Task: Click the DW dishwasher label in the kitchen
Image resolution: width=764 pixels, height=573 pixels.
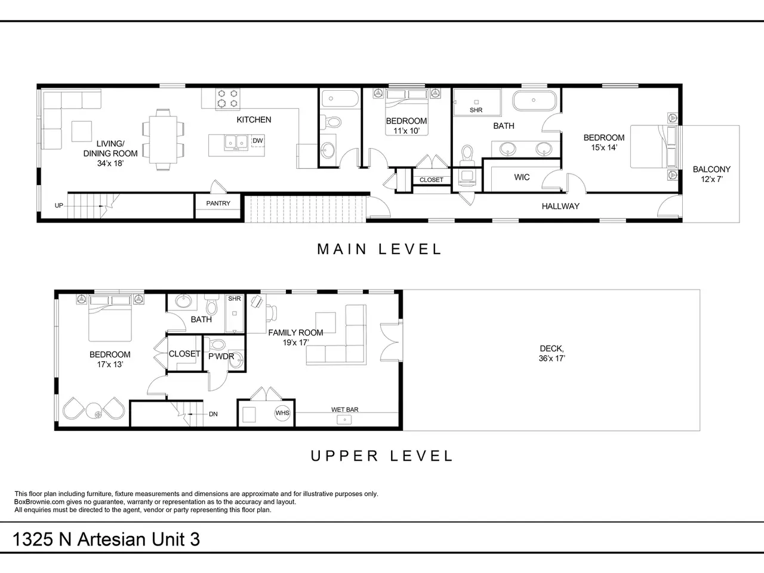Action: pyautogui.click(x=258, y=141)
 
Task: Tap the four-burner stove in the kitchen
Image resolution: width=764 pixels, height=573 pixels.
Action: pyautogui.click(x=227, y=98)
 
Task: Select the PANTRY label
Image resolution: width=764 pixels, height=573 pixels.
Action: pyautogui.click(x=218, y=203)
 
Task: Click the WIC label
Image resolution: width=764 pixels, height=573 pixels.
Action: pyautogui.click(x=522, y=177)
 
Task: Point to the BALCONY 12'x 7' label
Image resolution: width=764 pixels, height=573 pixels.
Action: pyautogui.click(x=711, y=174)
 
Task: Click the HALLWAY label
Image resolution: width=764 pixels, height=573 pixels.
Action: pyautogui.click(x=560, y=207)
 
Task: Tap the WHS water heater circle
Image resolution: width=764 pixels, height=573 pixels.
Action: pyautogui.click(x=282, y=413)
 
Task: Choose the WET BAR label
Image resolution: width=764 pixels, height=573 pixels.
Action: pyautogui.click(x=344, y=409)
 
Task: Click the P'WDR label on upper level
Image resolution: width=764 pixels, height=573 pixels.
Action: pyautogui.click(x=221, y=356)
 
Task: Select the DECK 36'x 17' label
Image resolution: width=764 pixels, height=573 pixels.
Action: pyautogui.click(x=552, y=353)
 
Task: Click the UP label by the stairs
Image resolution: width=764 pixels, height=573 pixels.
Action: pyautogui.click(x=59, y=205)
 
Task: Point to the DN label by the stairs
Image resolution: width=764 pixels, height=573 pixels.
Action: pyautogui.click(x=213, y=414)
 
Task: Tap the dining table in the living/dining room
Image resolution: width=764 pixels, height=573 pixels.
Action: pyautogui.click(x=163, y=140)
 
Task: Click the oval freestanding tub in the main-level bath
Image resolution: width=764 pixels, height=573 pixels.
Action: pyautogui.click(x=534, y=100)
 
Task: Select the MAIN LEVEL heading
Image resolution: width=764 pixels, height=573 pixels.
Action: pyautogui.click(x=380, y=249)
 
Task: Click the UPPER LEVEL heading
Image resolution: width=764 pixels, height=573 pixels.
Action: pyautogui.click(x=382, y=455)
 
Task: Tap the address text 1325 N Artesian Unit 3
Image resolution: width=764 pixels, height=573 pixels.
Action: pyautogui.click(x=106, y=540)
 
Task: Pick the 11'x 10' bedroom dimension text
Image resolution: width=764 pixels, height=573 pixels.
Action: pyautogui.click(x=406, y=131)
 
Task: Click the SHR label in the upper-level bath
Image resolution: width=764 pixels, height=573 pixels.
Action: pyautogui.click(x=234, y=298)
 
